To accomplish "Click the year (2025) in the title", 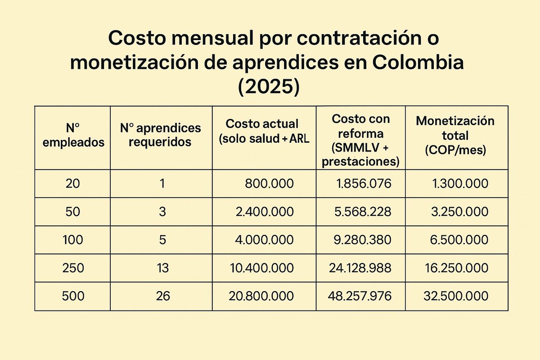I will (x=268, y=86).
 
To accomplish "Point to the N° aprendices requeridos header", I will (x=161, y=135).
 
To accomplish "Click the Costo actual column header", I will (x=264, y=131).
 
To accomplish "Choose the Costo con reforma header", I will (x=360, y=140).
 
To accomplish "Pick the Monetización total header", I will (x=455, y=135).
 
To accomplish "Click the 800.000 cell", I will (x=269, y=184).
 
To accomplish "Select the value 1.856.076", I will (x=364, y=184).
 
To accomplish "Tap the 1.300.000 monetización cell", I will (x=459, y=184).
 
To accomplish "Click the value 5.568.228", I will (x=363, y=211).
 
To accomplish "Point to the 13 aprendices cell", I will (x=162, y=268).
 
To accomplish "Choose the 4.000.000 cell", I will (x=264, y=240).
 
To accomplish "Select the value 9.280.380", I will (x=363, y=240).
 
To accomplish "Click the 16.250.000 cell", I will (x=456, y=268).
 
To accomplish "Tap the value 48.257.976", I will (x=360, y=296).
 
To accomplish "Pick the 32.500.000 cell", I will (x=456, y=296).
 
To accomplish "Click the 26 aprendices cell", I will (x=162, y=296).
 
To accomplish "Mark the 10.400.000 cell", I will (x=261, y=268).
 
